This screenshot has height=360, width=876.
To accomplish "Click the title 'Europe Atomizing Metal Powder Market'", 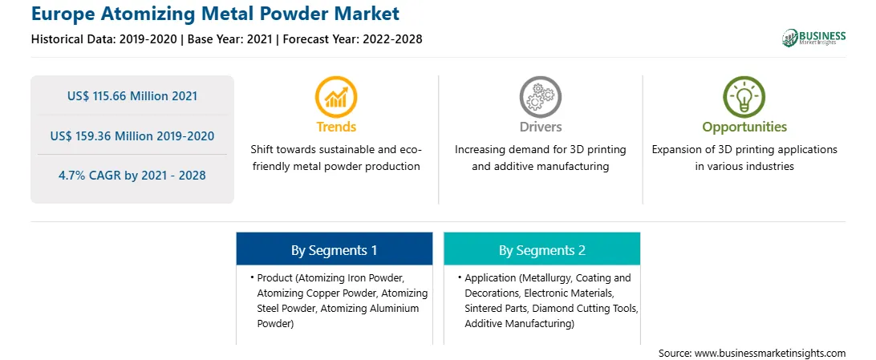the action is coord(216,14).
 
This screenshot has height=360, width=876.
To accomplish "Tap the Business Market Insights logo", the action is coord(814,38).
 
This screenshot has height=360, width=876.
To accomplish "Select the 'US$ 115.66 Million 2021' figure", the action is coord(132,96).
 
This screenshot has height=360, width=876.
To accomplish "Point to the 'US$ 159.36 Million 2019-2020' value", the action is coord(132,136).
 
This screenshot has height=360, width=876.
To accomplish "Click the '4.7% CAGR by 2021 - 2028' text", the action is coord(132,176).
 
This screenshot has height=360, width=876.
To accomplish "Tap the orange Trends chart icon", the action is coord(336,96).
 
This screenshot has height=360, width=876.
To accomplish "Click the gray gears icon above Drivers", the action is coord(540,96).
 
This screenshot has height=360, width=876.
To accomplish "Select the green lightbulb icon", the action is coord(744,96).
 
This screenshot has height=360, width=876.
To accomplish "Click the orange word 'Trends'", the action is coord(336,127).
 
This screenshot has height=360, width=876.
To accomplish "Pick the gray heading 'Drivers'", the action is coord(540,127).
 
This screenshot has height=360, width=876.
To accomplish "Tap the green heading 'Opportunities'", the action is coord(744,127).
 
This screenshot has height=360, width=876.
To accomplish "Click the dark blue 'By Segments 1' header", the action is coord(334,249).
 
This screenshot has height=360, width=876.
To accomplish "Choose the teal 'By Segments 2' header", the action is coord(542,249).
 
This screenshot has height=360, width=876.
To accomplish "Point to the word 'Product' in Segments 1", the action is coord(274,278).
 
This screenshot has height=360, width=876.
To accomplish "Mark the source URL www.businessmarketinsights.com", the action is coord(769,353).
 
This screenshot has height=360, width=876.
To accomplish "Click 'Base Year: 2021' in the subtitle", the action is coord(229,39).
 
